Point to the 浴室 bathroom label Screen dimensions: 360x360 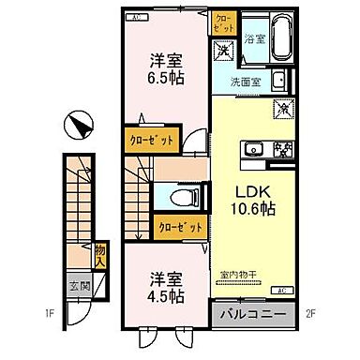(x=254, y=38)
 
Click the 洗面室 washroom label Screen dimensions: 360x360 (x=248, y=81)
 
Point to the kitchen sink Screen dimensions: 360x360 (x=255, y=149)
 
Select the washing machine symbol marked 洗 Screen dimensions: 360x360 (x=225, y=53)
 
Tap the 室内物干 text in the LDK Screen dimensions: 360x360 (x=240, y=275)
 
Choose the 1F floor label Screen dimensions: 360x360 (x=50, y=328)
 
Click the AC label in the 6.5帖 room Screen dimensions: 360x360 (x=135, y=18)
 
